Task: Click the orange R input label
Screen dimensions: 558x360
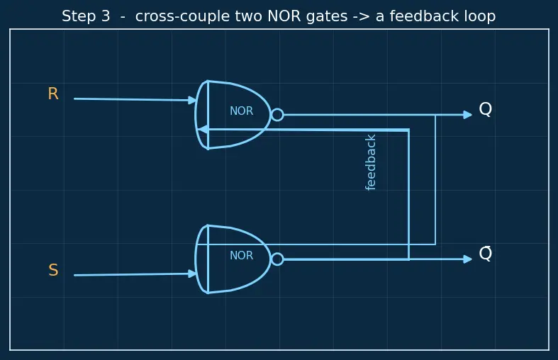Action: [x=53, y=94]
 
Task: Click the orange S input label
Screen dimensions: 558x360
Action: [x=53, y=270]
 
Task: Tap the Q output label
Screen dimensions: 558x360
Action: [x=486, y=109]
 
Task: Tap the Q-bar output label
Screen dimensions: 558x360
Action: [x=486, y=253]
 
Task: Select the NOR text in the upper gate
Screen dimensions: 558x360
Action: [x=241, y=111]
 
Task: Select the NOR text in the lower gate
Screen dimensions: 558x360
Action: [x=241, y=255]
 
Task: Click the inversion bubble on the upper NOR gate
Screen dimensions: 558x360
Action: [x=277, y=115]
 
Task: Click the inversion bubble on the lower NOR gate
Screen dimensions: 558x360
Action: [x=277, y=259]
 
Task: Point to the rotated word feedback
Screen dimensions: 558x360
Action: [x=370, y=162]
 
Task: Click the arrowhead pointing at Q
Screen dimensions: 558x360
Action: [x=468, y=115]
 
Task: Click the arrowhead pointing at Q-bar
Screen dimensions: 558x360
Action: [x=468, y=259]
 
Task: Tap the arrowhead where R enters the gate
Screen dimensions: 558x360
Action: [x=192, y=101]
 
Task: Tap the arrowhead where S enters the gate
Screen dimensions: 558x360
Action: [x=192, y=274]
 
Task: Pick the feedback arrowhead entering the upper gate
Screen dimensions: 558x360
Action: [x=203, y=130]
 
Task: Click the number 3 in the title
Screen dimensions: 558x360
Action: [x=106, y=16]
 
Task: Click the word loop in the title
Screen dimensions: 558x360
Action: [x=480, y=16]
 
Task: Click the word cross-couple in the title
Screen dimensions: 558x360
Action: [x=189, y=17]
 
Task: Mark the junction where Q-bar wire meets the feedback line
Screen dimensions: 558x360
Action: [x=409, y=259]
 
